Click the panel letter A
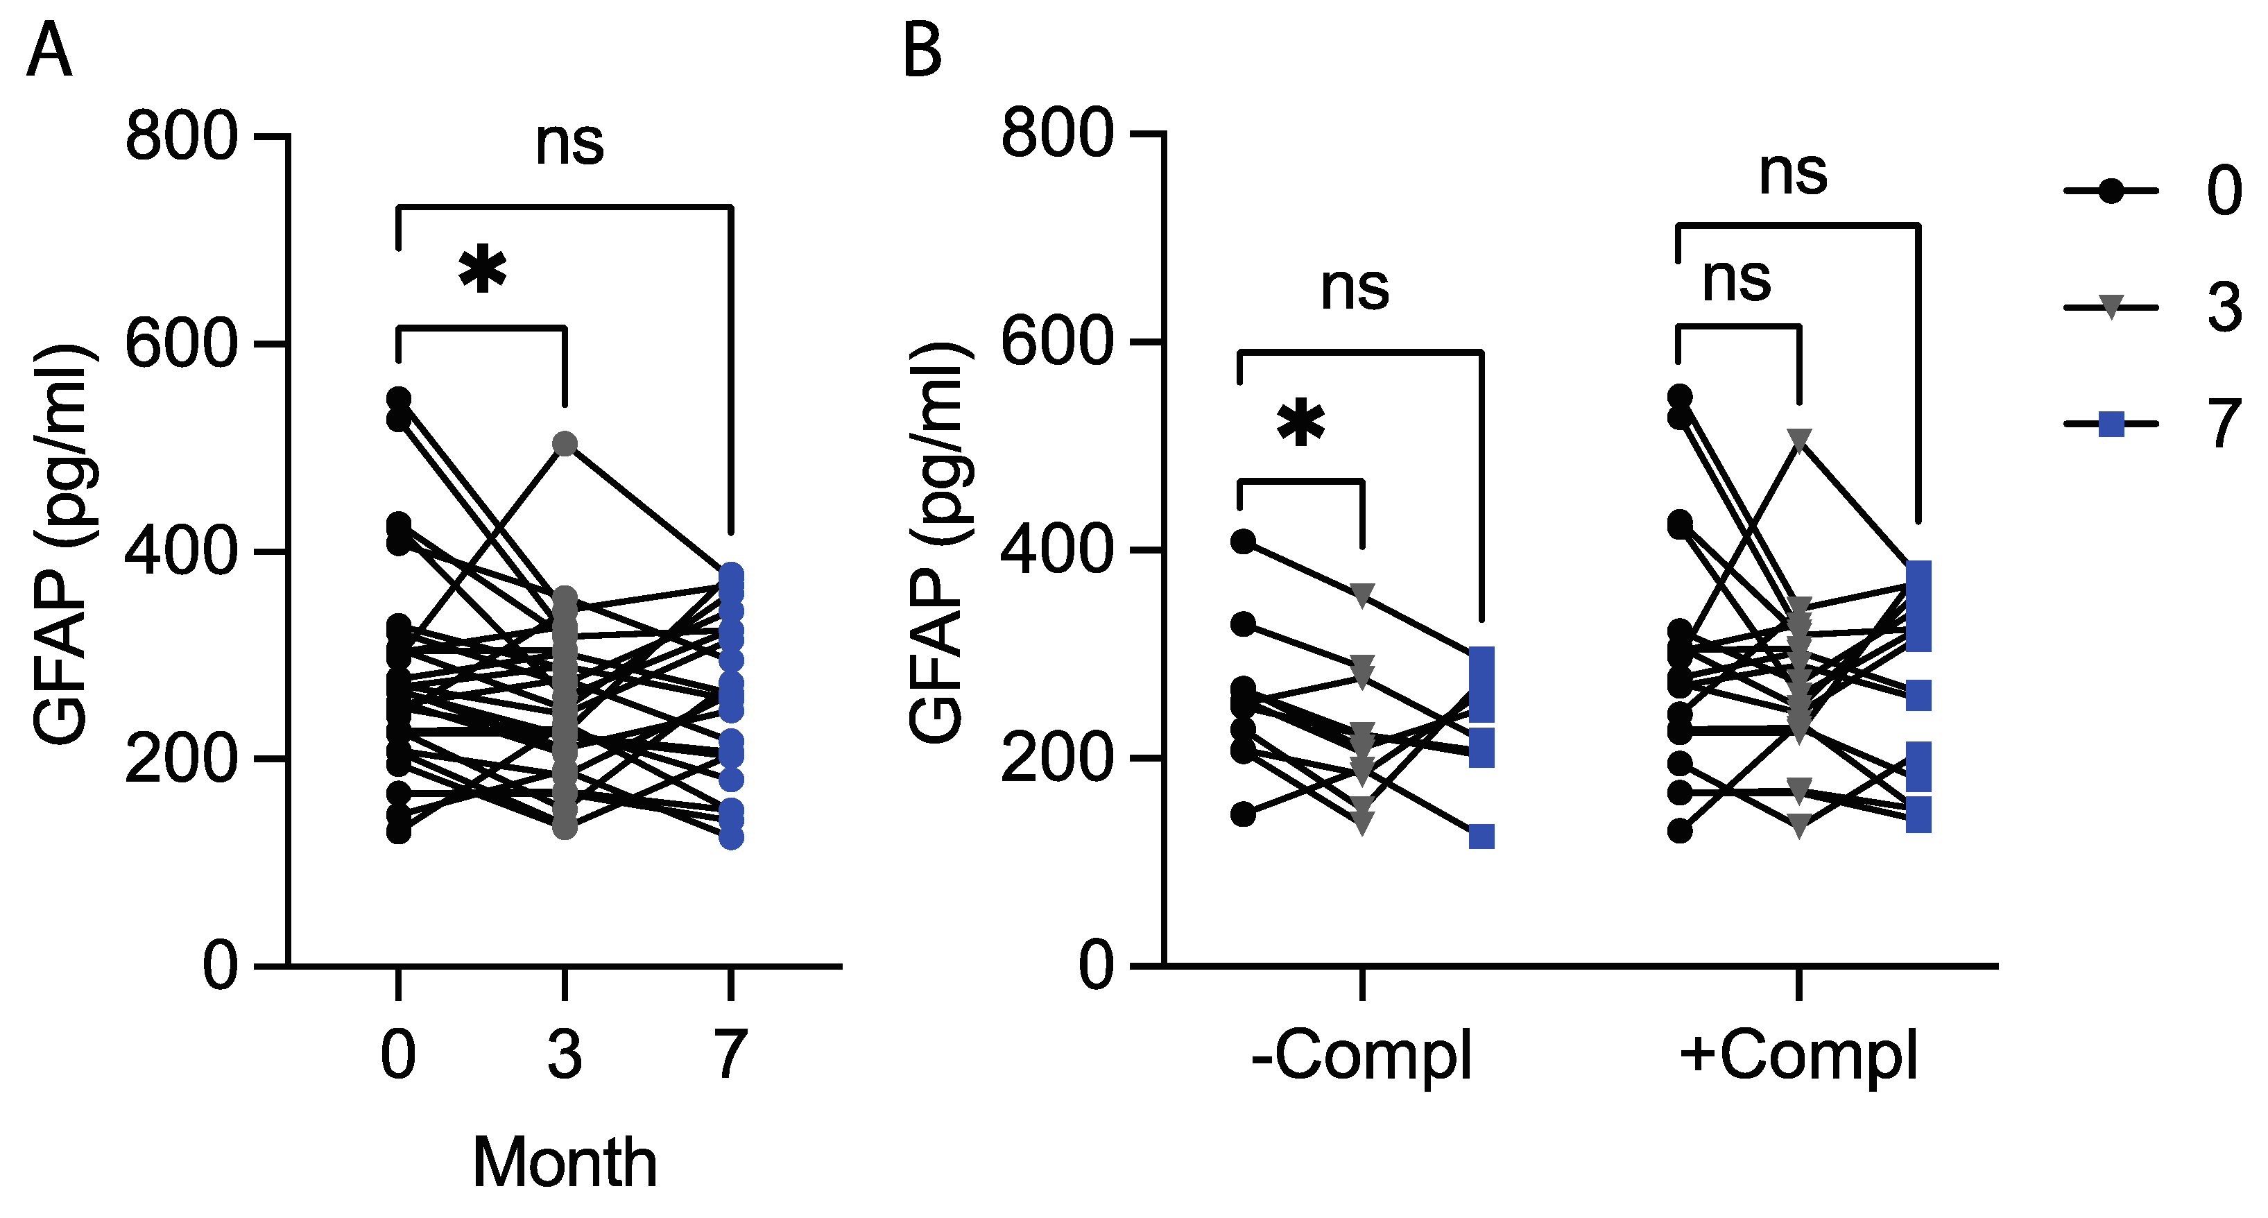(x=49, y=51)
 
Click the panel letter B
(x=922, y=51)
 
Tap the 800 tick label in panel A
(x=181, y=137)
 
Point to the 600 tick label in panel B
(x=1056, y=342)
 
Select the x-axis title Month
(x=565, y=1163)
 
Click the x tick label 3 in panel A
(x=565, y=1054)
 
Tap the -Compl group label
(x=1361, y=1056)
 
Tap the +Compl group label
(x=1798, y=1056)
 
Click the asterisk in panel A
(x=483, y=271)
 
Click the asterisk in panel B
(x=1300, y=424)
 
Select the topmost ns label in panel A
(x=569, y=143)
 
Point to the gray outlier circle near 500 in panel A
(x=565, y=444)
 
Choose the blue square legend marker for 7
(x=2111, y=424)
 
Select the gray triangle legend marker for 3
(x=2111, y=308)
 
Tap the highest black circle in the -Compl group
(x=1243, y=542)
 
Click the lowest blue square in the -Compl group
(x=1481, y=837)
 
